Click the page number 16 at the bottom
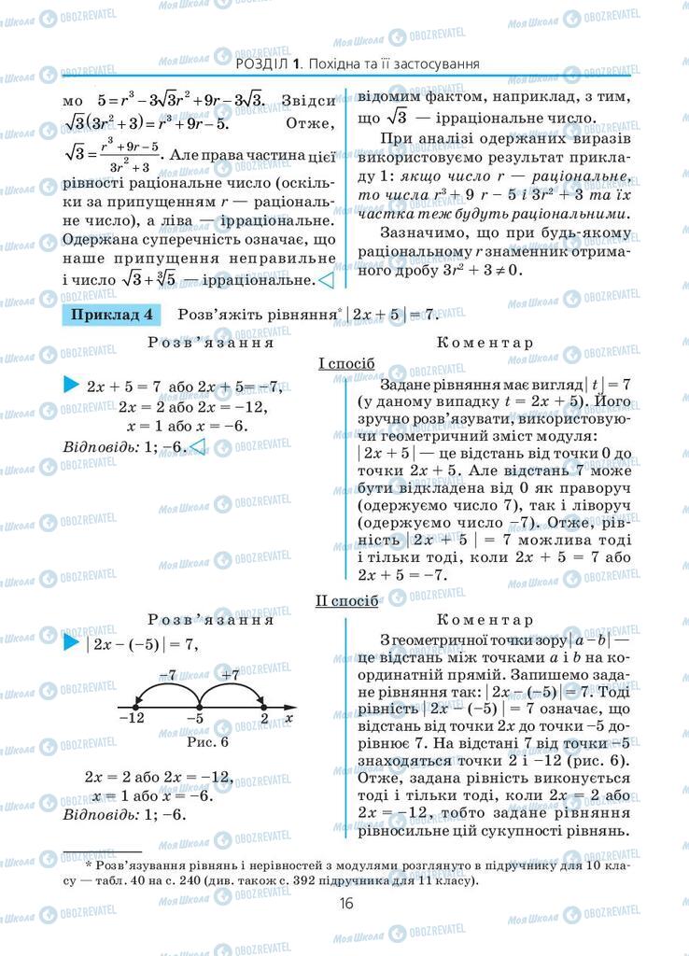[x=345, y=903]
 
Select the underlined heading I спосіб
[x=346, y=362]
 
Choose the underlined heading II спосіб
[x=346, y=600]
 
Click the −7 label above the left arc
[x=167, y=674]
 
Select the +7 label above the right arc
[x=231, y=674]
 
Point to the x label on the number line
[x=288, y=718]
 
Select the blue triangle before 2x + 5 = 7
[x=71, y=385]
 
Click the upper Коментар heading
[x=485, y=343]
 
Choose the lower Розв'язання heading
[x=210, y=618]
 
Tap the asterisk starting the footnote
[x=88, y=866]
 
